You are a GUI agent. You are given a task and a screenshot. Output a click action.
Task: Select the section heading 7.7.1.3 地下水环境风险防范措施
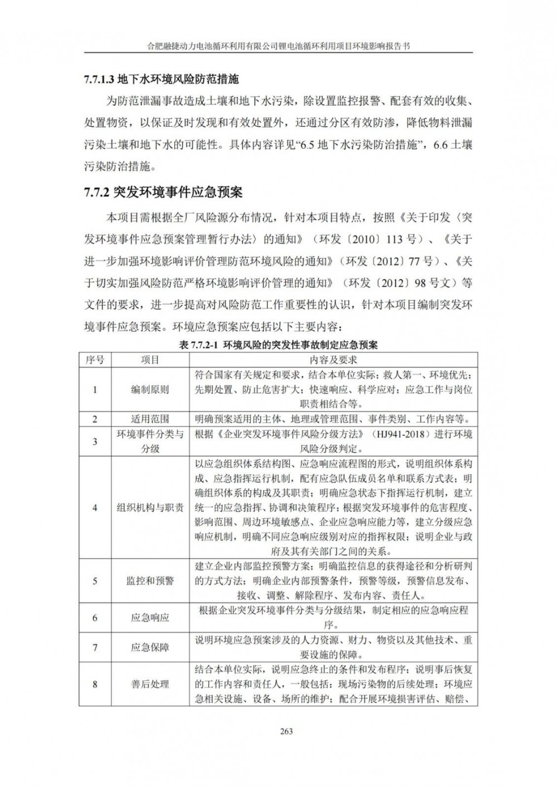(162, 80)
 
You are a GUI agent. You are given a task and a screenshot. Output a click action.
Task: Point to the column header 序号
(95, 360)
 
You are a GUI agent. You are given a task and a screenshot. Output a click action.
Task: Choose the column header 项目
(150, 360)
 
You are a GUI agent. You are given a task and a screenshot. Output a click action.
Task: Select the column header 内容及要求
(334, 360)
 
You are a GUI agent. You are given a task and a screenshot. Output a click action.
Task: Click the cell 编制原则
(150, 390)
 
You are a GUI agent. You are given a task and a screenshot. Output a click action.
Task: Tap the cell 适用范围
(150, 419)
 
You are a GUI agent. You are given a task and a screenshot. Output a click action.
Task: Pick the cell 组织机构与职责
(150, 508)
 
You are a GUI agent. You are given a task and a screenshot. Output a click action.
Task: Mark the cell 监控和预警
(150, 581)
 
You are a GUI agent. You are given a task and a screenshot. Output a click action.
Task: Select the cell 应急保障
(150, 647)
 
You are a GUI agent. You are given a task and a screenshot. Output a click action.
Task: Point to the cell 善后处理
(150, 684)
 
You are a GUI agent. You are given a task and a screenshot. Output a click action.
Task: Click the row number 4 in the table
(95, 508)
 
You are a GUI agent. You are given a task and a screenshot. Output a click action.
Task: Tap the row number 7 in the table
(95, 647)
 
